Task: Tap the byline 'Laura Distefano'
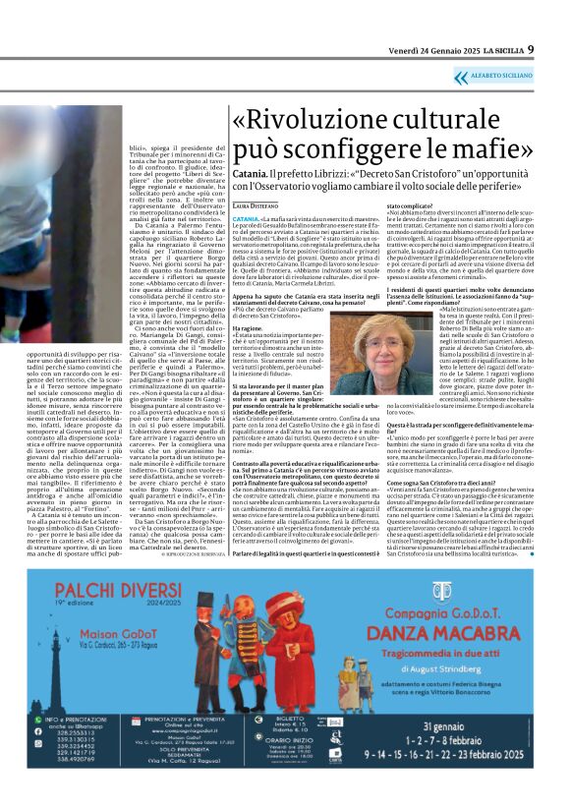tap(256, 204)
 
